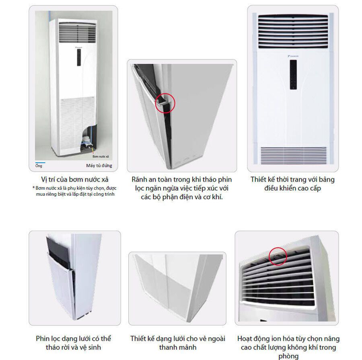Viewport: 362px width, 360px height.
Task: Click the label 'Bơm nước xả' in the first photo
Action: [x=101, y=156]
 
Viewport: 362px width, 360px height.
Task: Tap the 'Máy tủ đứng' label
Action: [x=99, y=166]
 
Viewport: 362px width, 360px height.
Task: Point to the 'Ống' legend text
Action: [x=39, y=166]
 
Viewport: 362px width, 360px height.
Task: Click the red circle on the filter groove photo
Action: [x=165, y=103]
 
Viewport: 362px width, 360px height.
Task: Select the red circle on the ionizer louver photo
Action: [x=278, y=256]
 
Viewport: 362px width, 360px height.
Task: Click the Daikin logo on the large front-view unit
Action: [x=293, y=56]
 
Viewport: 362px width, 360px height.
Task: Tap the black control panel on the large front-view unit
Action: [x=293, y=75]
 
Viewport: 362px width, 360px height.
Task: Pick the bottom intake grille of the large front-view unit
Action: [x=294, y=155]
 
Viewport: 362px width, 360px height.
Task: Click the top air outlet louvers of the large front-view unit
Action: [x=293, y=32]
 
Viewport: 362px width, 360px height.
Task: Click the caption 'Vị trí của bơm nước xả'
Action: [x=75, y=180]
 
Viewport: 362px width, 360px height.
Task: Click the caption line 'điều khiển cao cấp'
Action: [x=293, y=188]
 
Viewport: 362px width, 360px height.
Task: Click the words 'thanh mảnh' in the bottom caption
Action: [x=178, y=347]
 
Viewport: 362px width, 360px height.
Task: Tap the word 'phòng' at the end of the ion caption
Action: [x=288, y=356]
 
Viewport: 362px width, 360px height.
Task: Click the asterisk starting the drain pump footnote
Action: [x=34, y=188]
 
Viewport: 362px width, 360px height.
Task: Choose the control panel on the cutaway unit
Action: [x=79, y=57]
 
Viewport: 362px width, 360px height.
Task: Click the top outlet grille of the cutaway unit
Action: [x=77, y=33]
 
